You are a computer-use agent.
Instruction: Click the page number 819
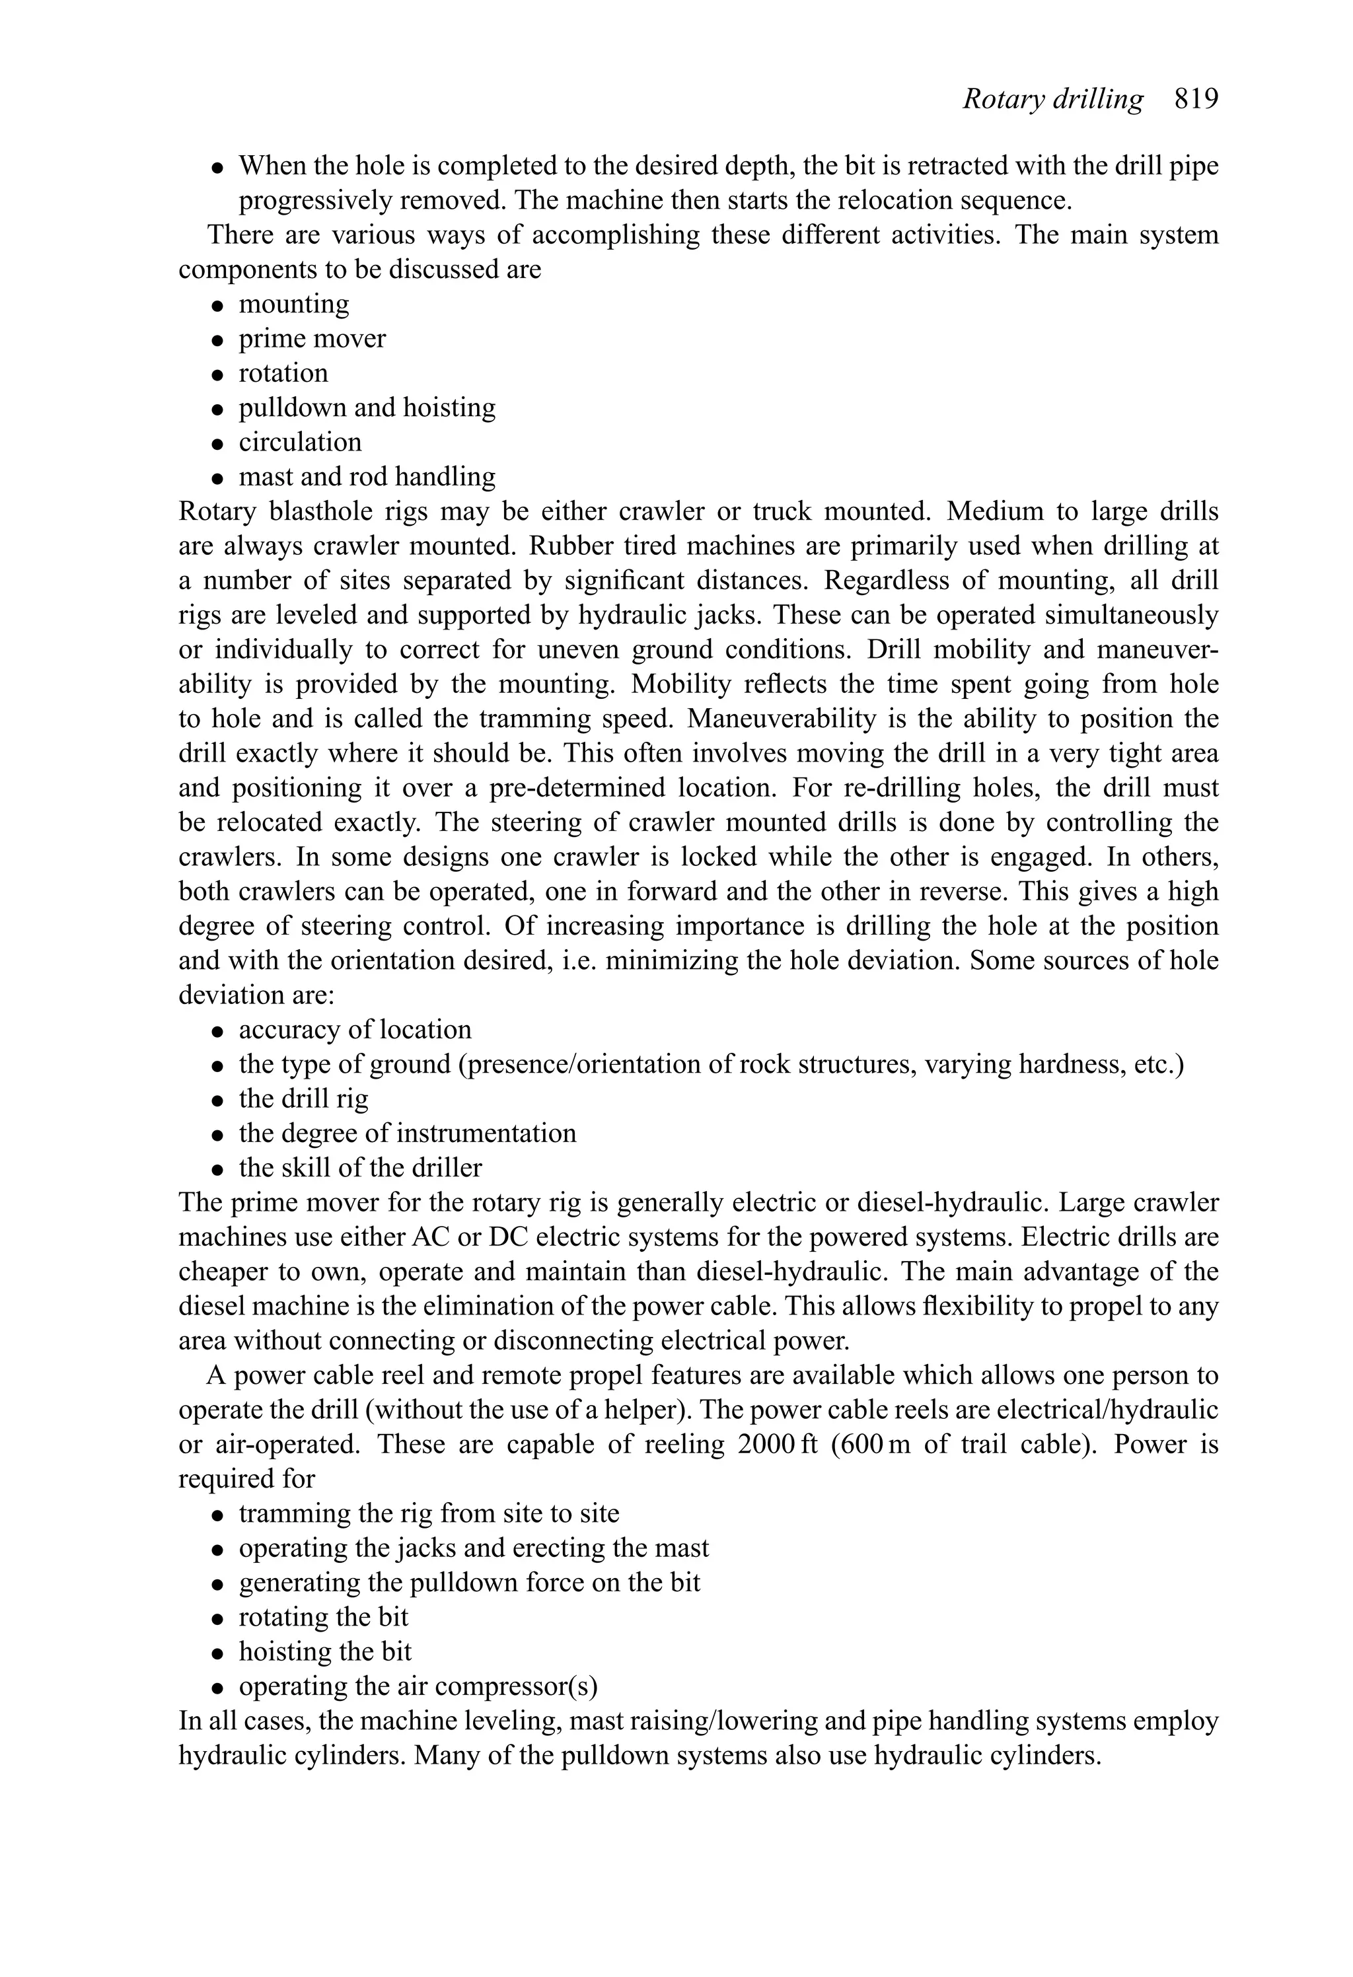[x=1196, y=100]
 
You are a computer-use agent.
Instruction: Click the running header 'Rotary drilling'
[x=1052, y=100]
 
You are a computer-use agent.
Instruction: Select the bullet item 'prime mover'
[x=311, y=339]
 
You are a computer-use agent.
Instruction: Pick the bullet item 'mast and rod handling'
[x=367, y=476]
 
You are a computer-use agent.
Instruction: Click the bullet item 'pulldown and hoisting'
[x=367, y=408]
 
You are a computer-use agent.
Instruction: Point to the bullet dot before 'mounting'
[x=219, y=305]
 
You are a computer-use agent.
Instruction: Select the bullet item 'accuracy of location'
[x=355, y=1029]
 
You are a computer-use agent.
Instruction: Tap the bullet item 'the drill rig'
[x=304, y=1098]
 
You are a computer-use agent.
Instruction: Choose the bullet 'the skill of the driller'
[x=360, y=1168]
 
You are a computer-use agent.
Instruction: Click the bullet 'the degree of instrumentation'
[x=407, y=1133]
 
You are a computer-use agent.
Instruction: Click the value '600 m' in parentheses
[x=875, y=1445]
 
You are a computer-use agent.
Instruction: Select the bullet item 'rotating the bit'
[x=323, y=1617]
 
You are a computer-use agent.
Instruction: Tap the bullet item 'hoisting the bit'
[x=325, y=1652]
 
